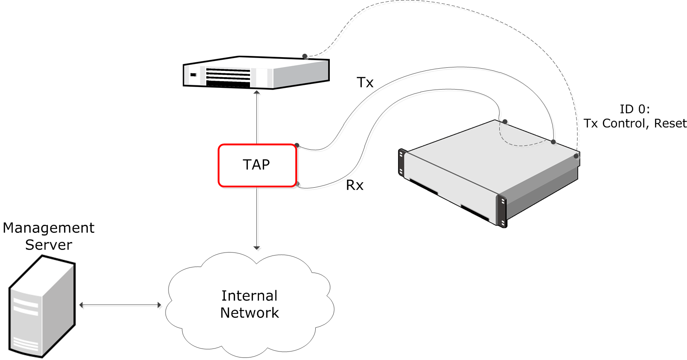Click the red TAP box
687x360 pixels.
click(257, 165)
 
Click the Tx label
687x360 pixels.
click(365, 82)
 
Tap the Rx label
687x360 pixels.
click(355, 185)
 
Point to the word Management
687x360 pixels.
click(49, 228)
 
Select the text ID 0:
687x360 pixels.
click(635, 109)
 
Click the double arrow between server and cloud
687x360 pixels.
click(120, 305)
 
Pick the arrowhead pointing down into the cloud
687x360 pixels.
click(256, 247)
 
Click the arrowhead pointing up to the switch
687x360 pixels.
click(257, 92)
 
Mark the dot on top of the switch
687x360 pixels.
click(305, 56)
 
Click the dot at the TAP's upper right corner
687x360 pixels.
click(297, 145)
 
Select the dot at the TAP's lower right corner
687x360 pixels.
click(297, 184)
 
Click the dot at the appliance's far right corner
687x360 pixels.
click(576, 156)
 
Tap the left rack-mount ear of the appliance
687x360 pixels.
click(401, 162)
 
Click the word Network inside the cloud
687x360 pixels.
click(250, 313)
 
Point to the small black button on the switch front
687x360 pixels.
click(193, 75)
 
